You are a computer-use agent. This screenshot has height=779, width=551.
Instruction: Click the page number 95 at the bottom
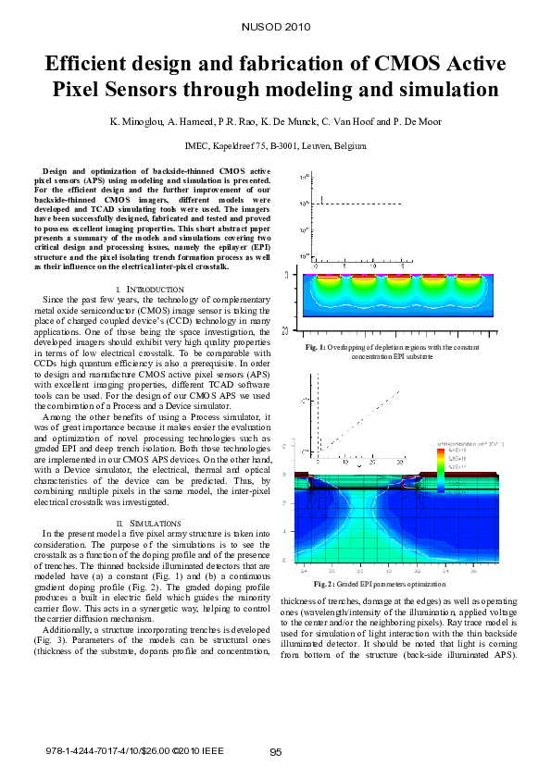275,752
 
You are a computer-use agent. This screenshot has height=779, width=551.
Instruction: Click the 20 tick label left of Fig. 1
294,328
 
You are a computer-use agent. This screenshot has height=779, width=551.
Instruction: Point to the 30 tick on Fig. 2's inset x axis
399,461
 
